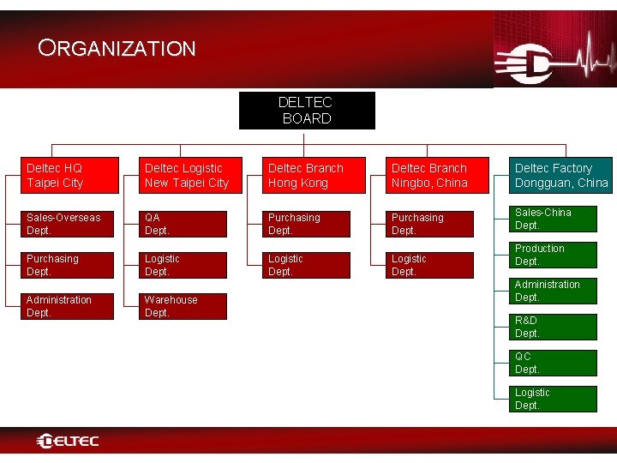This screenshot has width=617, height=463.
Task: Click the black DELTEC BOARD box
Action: [x=307, y=111]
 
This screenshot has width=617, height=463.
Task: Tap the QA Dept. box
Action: [x=185, y=224]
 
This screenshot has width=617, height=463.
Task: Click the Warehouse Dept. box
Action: [x=185, y=306]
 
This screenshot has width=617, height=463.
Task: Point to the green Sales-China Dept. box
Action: [x=554, y=219]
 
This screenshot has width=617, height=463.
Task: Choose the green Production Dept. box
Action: [x=554, y=256]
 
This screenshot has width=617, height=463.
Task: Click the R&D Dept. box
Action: [x=554, y=327]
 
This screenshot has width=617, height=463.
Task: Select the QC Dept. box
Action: [x=554, y=363]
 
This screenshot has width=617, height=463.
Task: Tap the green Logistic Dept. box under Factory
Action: [x=554, y=399]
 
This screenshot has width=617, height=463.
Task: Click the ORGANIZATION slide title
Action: [x=117, y=49]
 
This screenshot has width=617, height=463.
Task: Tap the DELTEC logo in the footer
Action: [x=68, y=442]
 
